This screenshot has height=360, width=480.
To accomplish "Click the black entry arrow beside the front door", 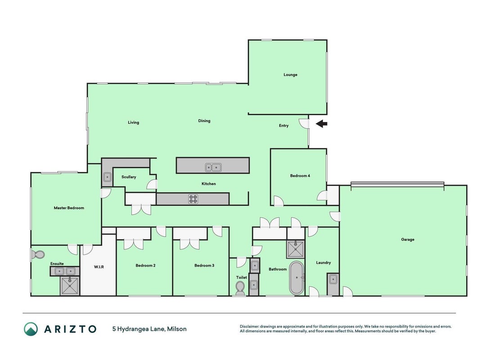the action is (322, 124).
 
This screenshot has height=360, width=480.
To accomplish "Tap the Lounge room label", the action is (290, 75).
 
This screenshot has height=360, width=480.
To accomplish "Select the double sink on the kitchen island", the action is (213, 167).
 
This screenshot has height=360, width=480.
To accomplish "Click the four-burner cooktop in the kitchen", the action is (193, 199).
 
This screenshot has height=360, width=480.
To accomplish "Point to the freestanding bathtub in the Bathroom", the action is (296, 278).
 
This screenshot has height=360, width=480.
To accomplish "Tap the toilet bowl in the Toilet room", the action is (240, 288).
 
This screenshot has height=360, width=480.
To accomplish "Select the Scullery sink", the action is (107, 177).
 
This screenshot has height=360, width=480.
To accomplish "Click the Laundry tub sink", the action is (333, 279).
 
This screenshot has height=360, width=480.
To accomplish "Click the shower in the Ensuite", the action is (70, 286).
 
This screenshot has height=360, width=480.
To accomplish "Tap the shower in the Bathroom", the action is (296, 249).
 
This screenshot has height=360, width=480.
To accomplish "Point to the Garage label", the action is (408, 240).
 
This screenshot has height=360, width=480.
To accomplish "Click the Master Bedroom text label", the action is (69, 208).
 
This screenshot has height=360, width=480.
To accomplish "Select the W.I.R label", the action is (99, 267).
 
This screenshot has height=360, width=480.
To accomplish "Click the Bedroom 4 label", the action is (300, 175).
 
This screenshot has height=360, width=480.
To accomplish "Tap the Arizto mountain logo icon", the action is (31, 329).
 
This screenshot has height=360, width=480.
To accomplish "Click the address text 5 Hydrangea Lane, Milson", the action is (149, 329).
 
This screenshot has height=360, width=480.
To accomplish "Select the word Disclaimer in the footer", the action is (249, 327).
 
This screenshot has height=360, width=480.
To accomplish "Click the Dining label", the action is (204, 121).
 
